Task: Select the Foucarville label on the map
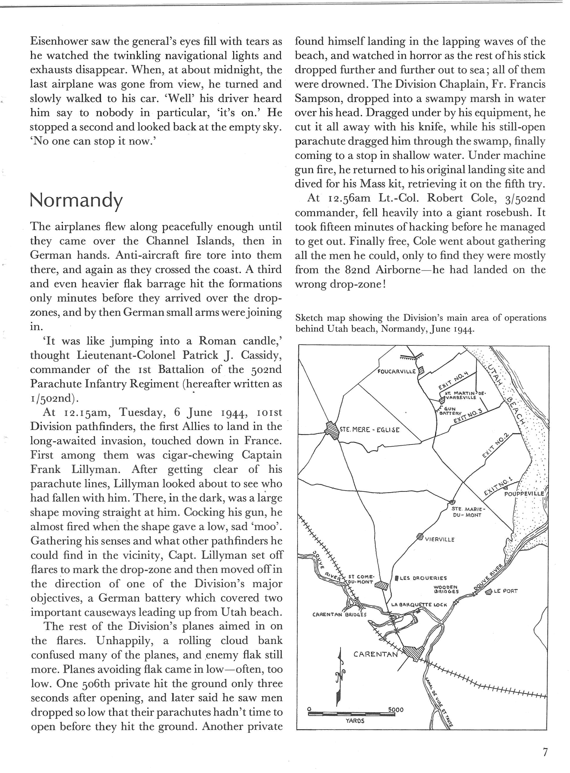[x=397, y=372]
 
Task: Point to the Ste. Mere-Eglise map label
[x=369, y=430]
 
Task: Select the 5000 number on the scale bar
[x=395, y=710]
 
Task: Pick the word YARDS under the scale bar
[x=355, y=721]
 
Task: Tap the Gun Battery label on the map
[x=450, y=411]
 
